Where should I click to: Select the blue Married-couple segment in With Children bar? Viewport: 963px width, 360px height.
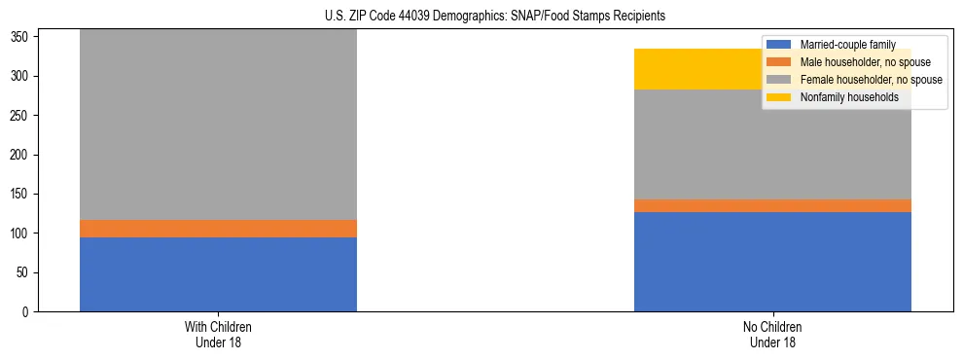click(x=218, y=274)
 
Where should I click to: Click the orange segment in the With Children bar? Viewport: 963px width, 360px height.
click(x=218, y=229)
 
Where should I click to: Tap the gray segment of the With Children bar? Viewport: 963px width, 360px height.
click(x=218, y=126)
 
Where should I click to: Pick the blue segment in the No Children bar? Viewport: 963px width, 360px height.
click(x=772, y=262)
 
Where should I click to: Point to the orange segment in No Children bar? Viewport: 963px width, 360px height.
click(x=772, y=205)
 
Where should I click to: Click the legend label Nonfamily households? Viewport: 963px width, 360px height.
click(x=842, y=97)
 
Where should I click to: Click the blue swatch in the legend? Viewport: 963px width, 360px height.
click(x=780, y=45)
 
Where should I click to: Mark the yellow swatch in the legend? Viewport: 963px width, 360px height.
click(x=780, y=97)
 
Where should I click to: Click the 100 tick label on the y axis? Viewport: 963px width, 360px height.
click(x=21, y=234)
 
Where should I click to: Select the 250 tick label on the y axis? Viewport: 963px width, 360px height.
click(x=21, y=116)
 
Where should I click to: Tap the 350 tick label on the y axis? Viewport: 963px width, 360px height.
click(x=21, y=37)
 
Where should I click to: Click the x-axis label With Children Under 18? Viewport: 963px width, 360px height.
click(x=218, y=334)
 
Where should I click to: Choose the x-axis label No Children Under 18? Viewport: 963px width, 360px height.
click(x=772, y=334)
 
